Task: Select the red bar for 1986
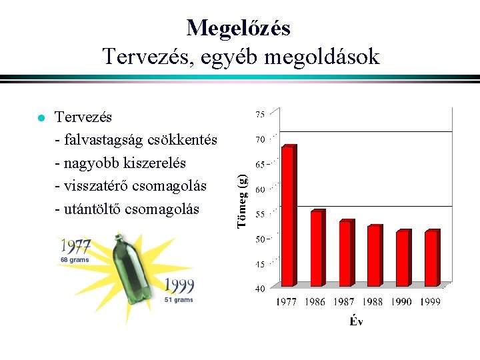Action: pyautogui.click(x=317, y=248)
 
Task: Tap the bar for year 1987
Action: pyautogui.click(x=345, y=253)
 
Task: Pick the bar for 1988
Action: pyautogui.click(x=374, y=255)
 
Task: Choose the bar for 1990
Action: pyautogui.click(x=403, y=258)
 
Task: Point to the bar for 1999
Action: pyautogui.click(x=432, y=258)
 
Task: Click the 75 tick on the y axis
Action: pyautogui.click(x=261, y=114)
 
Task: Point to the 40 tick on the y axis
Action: pyautogui.click(x=261, y=289)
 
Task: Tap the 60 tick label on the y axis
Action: pyautogui.click(x=261, y=189)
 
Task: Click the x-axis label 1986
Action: pyautogui.click(x=315, y=302)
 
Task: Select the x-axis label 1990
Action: pyautogui.click(x=402, y=302)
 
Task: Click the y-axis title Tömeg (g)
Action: pyautogui.click(x=243, y=200)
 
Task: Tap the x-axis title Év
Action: pyautogui.click(x=357, y=322)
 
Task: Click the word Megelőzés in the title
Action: pyautogui.click(x=239, y=28)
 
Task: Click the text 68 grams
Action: pyautogui.click(x=74, y=259)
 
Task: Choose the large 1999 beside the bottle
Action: pyautogui.click(x=179, y=286)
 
